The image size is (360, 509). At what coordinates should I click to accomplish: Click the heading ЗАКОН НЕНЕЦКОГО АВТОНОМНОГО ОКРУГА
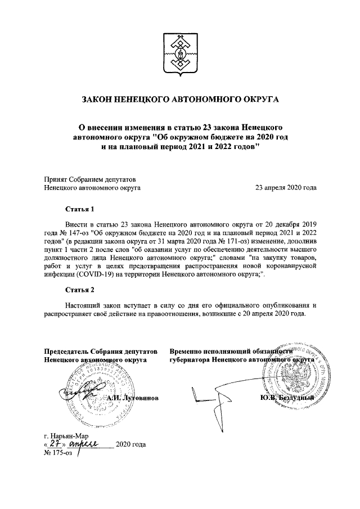[180, 100]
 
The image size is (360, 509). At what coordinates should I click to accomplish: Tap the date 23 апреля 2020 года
[286, 188]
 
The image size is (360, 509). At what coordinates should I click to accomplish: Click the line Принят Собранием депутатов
[92, 179]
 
